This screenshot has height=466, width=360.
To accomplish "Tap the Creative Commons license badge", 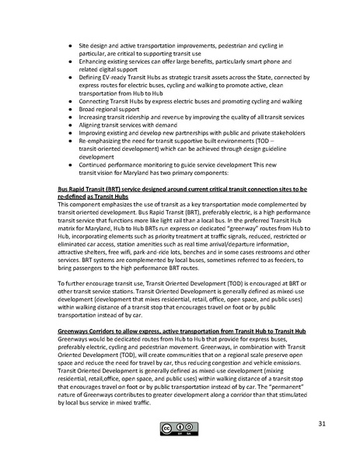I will coord(178,427).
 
